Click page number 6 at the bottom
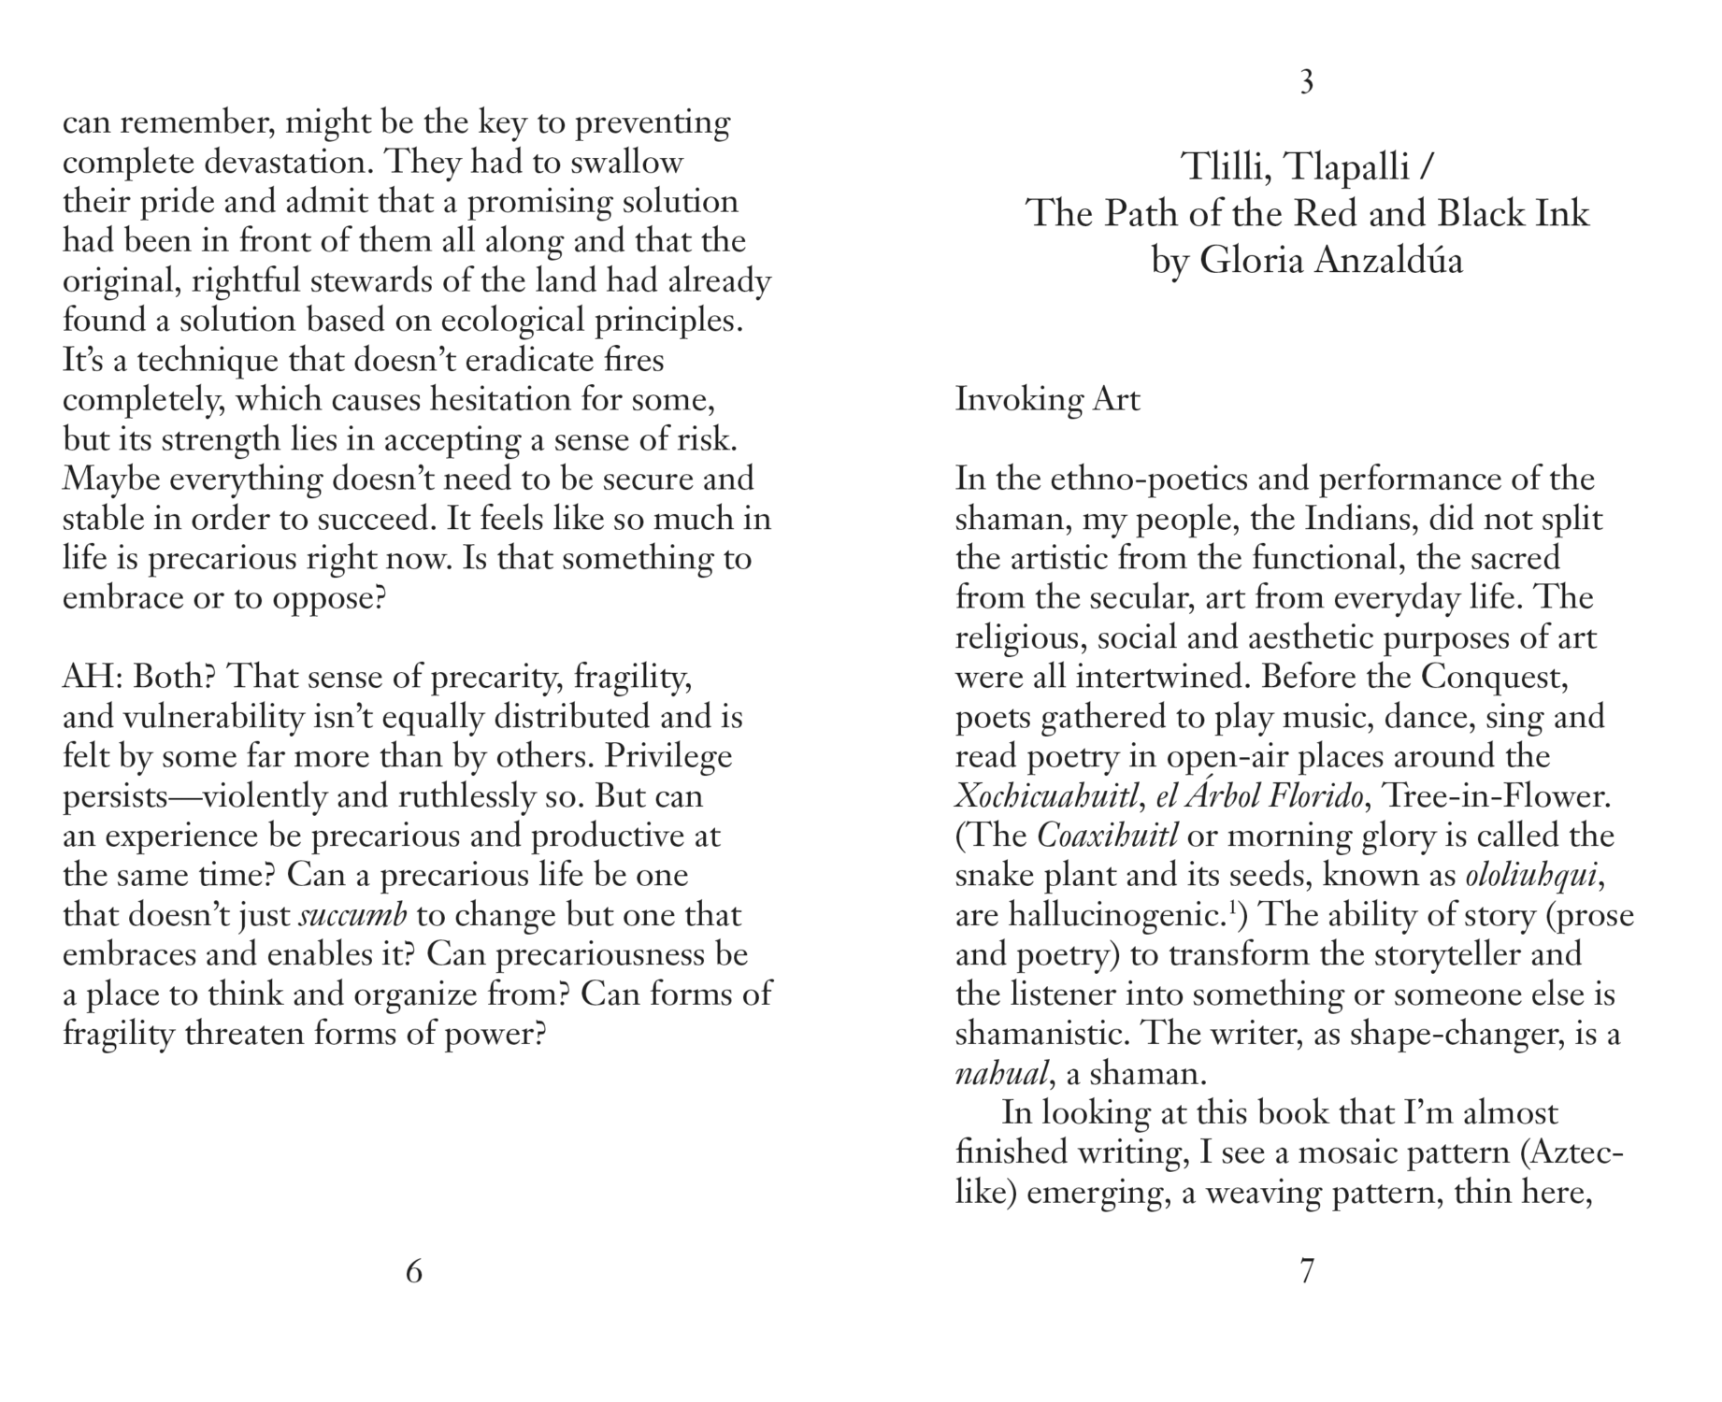(x=414, y=1271)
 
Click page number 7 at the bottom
(x=1307, y=1271)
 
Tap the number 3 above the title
(x=1307, y=83)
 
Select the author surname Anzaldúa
(x=1388, y=261)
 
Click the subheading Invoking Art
(x=1047, y=400)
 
